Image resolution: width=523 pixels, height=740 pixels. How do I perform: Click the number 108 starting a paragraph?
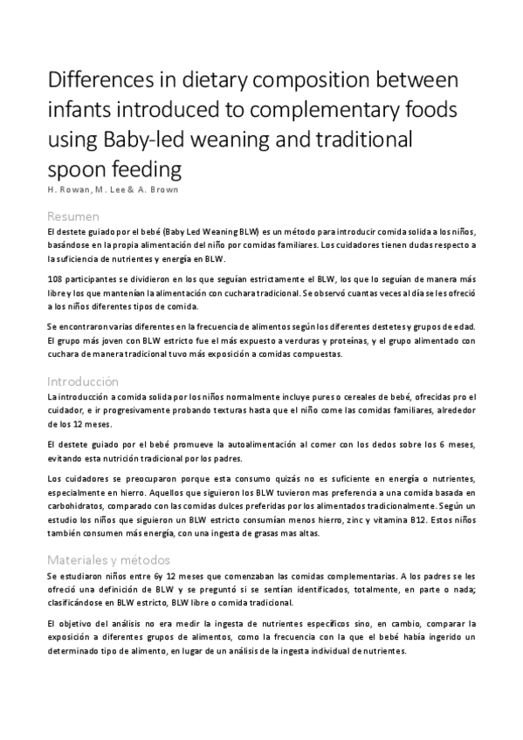pos(56,277)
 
